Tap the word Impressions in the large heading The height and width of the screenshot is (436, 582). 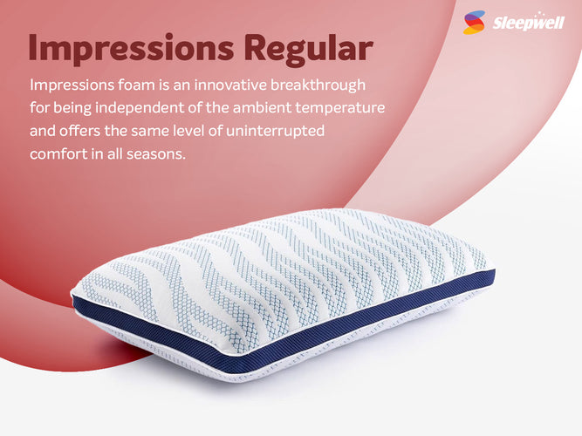(x=119, y=48)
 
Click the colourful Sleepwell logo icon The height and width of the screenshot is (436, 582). (x=475, y=22)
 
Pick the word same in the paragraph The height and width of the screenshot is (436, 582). (x=161, y=133)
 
